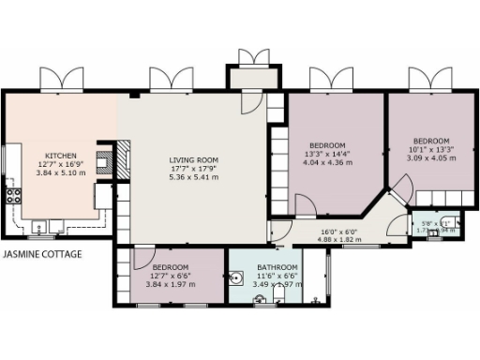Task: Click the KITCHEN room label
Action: click(61, 156)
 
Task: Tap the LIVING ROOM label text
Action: click(193, 159)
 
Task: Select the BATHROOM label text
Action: click(277, 267)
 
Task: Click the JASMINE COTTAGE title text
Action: click(42, 254)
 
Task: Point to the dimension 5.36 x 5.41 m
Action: click(193, 176)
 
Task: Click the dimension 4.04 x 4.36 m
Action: click(327, 162)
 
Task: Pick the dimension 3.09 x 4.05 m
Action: click(431, 157)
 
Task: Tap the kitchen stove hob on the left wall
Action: click(13, 196)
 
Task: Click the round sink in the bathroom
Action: click(235, 278)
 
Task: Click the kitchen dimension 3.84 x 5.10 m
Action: click(61, 172)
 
